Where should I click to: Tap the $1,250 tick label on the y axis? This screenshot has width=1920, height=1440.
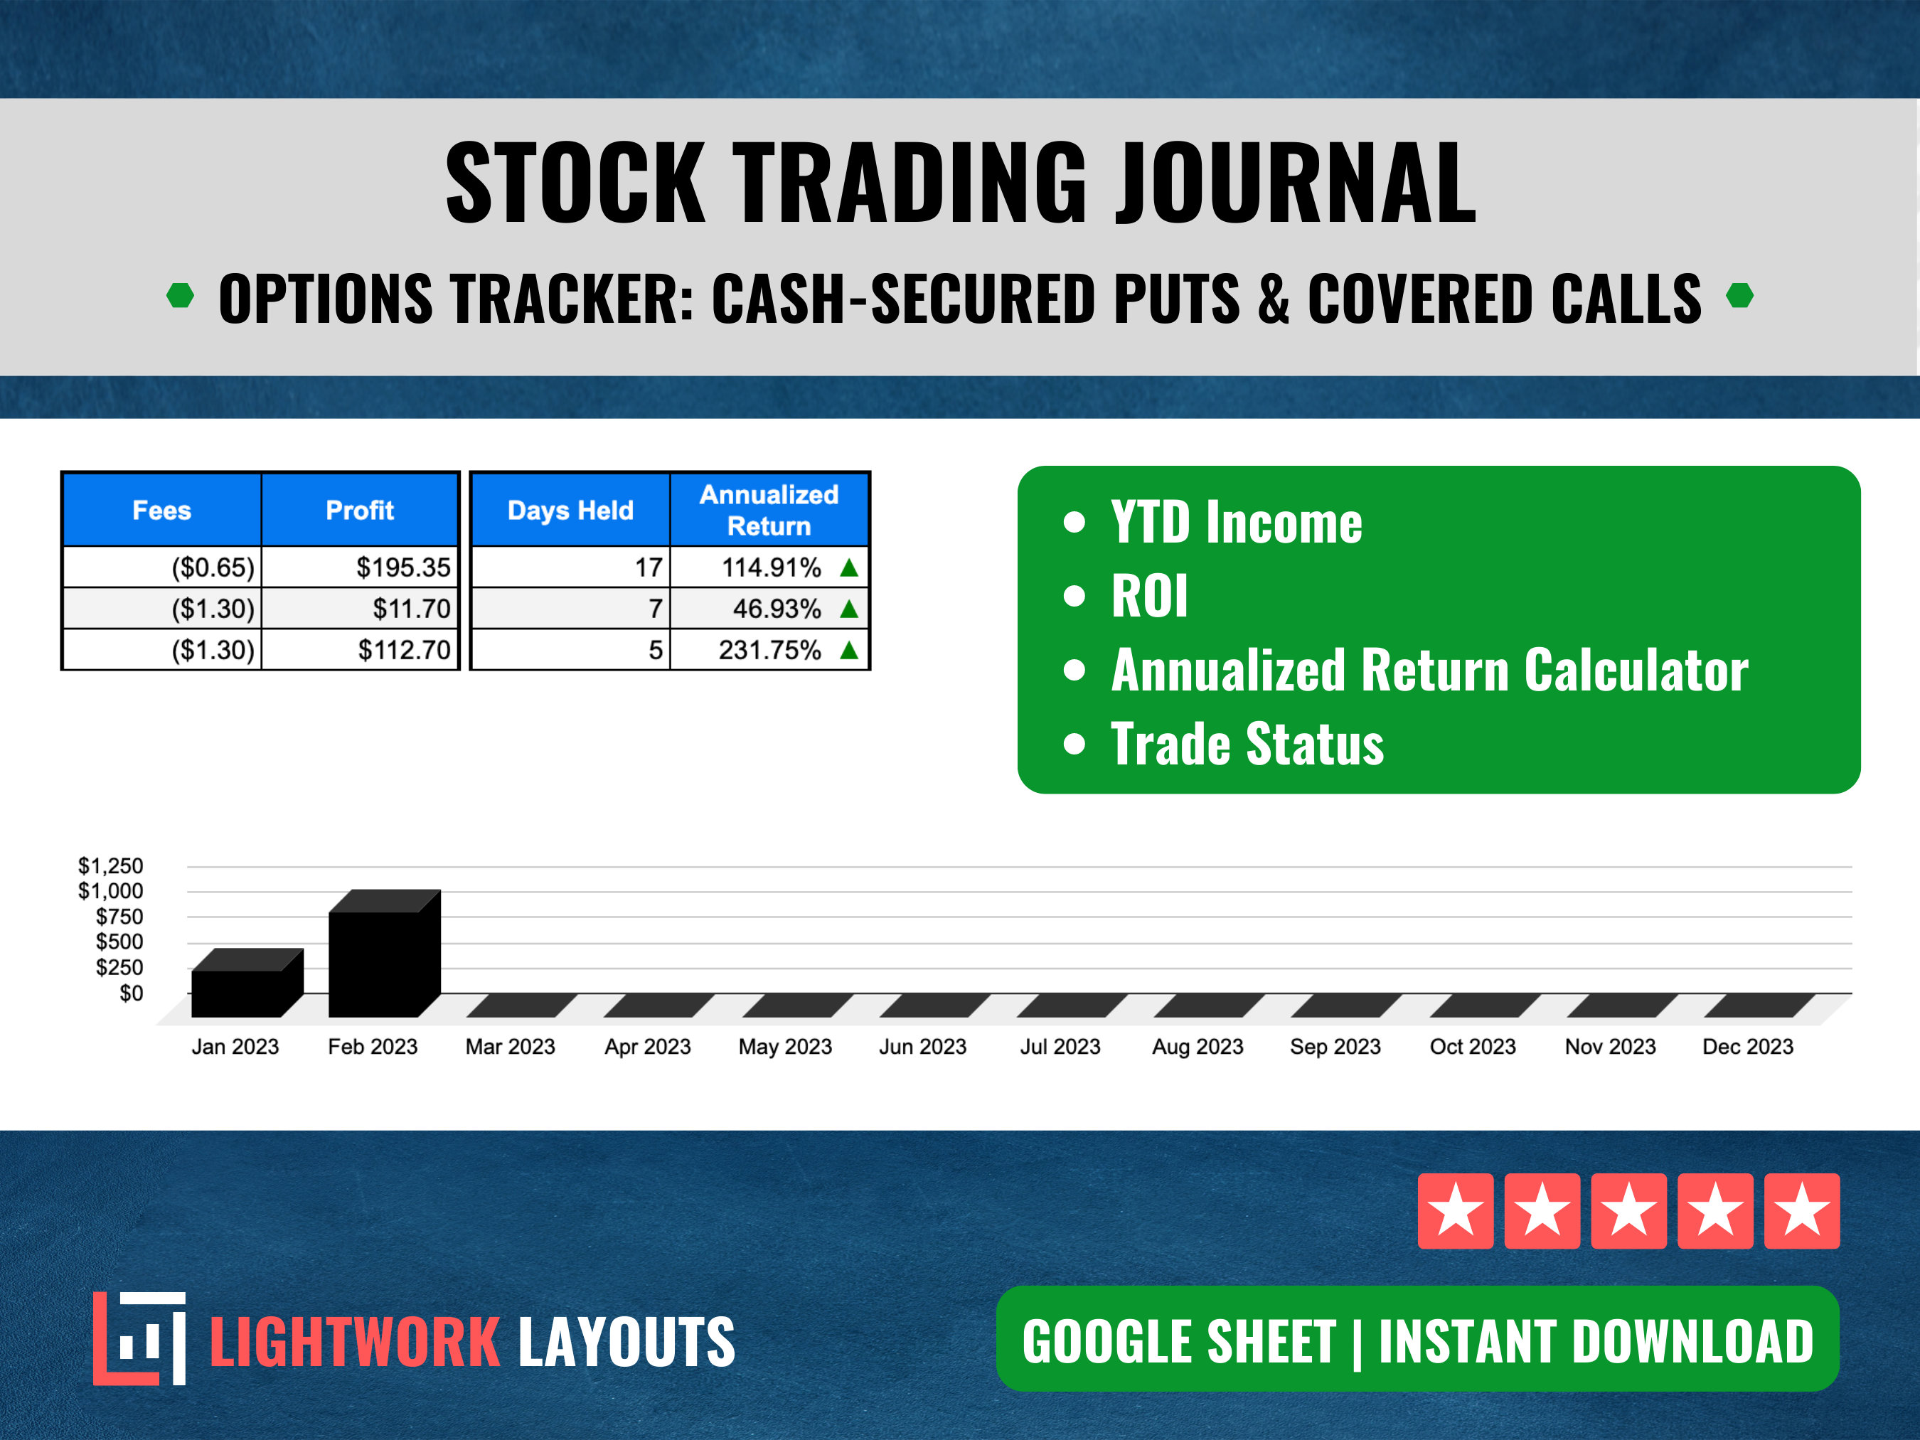pyautogui.click(x=110, y=865)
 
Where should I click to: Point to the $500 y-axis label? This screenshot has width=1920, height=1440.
pyautogui.click(x=119, y=942)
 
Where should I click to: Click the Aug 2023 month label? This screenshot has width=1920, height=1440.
pyautogui.click(x=1197, y=1047)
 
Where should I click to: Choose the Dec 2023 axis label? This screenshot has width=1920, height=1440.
pyautogui.click(x=1747, y=1047)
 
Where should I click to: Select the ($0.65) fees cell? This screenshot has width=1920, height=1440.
pyautogui.click(x=213, y=567)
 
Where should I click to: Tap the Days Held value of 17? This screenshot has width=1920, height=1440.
pyautogui.click(x=649, y=567)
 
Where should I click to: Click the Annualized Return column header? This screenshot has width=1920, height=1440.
pyautogui.click(x=769, y=510)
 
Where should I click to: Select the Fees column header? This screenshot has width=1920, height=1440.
pyautogui.click(x=161, y=511)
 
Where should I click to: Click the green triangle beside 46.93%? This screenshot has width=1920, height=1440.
pyautogui.click(x=849, y=609)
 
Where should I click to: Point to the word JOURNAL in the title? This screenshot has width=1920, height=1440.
pyautogui.click(x=1295, y=184)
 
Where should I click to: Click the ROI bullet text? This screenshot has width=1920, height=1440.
pyautogui.click(x=1148, y=597)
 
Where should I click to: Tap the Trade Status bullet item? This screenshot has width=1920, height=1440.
pyautogui.click(x=1247, y=745)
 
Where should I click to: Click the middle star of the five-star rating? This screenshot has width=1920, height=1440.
pyautogui.click(x=1628, y=1211)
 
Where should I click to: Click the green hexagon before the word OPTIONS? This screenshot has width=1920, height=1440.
pyautogui.click(x=181, y=296)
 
